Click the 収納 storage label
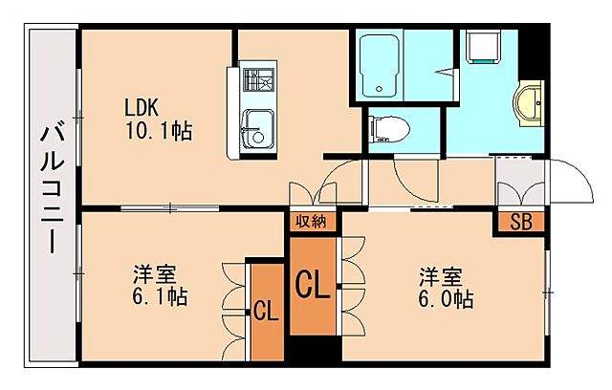[311, 222]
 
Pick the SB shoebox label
[519, 224]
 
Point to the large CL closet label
[312, 285]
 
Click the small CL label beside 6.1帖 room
[265, 311]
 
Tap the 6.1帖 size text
[160, 297]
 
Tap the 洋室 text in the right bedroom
[440, 276]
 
